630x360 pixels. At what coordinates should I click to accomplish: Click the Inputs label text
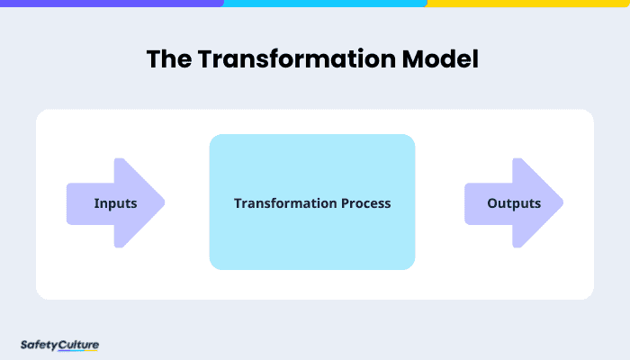coord(115,203)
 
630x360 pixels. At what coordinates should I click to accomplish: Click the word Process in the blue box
coord(358,203)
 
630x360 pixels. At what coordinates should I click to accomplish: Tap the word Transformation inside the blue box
coord(277,203)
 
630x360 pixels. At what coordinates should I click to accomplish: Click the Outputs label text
coord(514,203)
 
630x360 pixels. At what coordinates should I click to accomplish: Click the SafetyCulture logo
coord(58,345)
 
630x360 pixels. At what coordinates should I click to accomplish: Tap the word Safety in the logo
coord(38,344)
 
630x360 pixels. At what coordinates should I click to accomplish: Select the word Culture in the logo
coord(78,344)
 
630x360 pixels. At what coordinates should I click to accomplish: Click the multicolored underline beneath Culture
coord(78,351)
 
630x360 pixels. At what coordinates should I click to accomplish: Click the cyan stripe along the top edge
coord(325,3)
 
